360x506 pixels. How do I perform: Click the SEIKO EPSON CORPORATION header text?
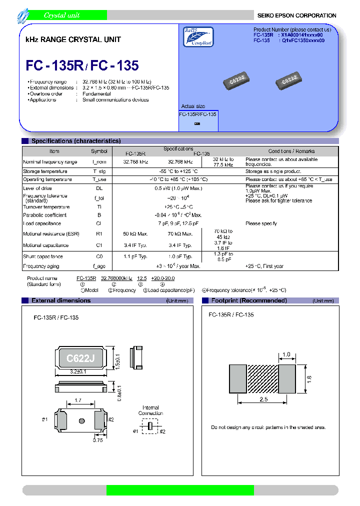(296, 15)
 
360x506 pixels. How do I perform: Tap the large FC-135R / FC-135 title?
(82, 65)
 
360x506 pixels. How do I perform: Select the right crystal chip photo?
(290, 79)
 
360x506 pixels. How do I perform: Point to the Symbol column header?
(98, 151)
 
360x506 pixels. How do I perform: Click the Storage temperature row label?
(45, 171)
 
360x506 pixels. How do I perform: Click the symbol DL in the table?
(98, 188)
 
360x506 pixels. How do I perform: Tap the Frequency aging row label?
(42, 266)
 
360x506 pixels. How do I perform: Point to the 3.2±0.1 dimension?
(77, 372)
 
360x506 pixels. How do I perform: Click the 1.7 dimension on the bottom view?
(77, 400)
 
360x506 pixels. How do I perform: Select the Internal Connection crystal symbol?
(150, 426)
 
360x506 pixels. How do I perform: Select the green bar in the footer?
(180, 489)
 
